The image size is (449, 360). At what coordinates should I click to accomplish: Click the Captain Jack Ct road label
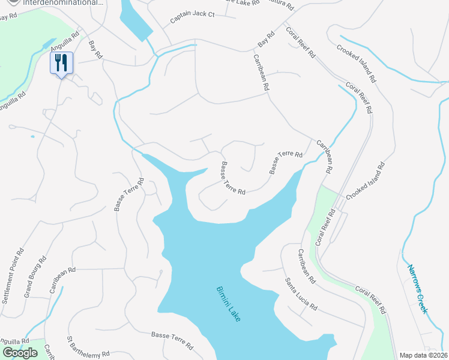tap(192, 17)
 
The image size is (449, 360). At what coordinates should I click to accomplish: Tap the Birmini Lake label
tap(228, 304)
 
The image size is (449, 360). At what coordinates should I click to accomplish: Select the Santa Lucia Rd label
tap(301, 293)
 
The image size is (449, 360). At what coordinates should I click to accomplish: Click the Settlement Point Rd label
tap(13, 274)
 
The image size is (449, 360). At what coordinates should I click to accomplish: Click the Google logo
tap(20, 352)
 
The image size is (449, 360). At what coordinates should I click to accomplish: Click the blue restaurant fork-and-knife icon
tap(61, 63)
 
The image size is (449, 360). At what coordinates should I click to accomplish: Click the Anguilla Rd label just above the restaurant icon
tap(65, 43)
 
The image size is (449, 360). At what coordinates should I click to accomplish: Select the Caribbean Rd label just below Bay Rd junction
tap(261, 73)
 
